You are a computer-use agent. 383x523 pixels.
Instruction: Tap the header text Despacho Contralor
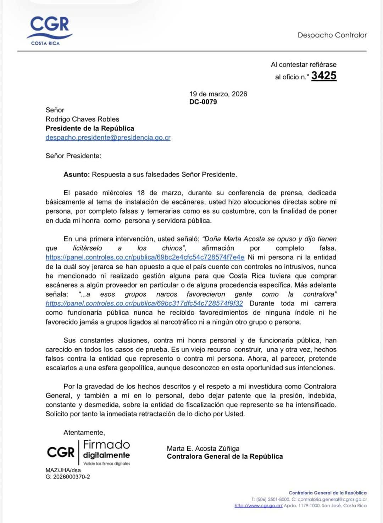(332, 35)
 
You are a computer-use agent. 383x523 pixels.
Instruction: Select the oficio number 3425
(324, 76)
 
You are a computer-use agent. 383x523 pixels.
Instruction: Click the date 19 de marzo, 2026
(218, 94)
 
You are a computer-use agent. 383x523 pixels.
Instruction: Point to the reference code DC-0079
(203, 102)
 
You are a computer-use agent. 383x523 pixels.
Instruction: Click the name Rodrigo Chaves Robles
(82, 119)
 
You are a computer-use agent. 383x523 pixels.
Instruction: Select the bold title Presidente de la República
(90, 128)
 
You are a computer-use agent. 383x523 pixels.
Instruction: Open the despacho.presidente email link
(108, 137)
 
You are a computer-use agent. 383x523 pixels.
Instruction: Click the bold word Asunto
(77, 174)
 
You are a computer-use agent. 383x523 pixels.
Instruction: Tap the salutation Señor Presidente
(73, 156)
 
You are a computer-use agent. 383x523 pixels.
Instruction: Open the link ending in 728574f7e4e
(145, 258)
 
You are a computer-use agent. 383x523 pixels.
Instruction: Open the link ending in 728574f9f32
(144, 304)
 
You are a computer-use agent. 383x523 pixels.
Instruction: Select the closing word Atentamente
(84, 433)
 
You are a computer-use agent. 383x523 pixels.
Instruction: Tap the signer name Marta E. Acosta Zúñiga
(203, 449)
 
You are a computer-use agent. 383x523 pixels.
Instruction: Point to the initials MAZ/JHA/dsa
(63, 470)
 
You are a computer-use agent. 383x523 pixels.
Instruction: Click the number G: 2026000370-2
(68, 477)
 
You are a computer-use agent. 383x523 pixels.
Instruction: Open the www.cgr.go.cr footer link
(258, 506)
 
